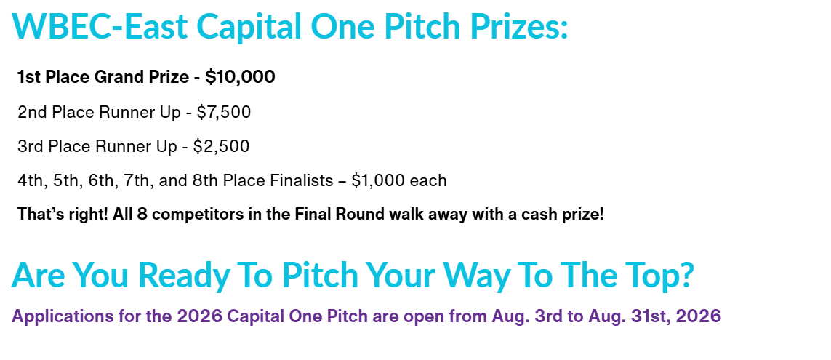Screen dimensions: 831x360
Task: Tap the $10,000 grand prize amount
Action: (x=240, y=77)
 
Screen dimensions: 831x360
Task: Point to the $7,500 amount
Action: (x=224, y=113)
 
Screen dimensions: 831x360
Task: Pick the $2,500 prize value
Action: (x=221, y=146)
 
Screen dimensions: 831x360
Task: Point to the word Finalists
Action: (x=303, y=181)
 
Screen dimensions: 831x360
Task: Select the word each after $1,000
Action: (x=430, y=181)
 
